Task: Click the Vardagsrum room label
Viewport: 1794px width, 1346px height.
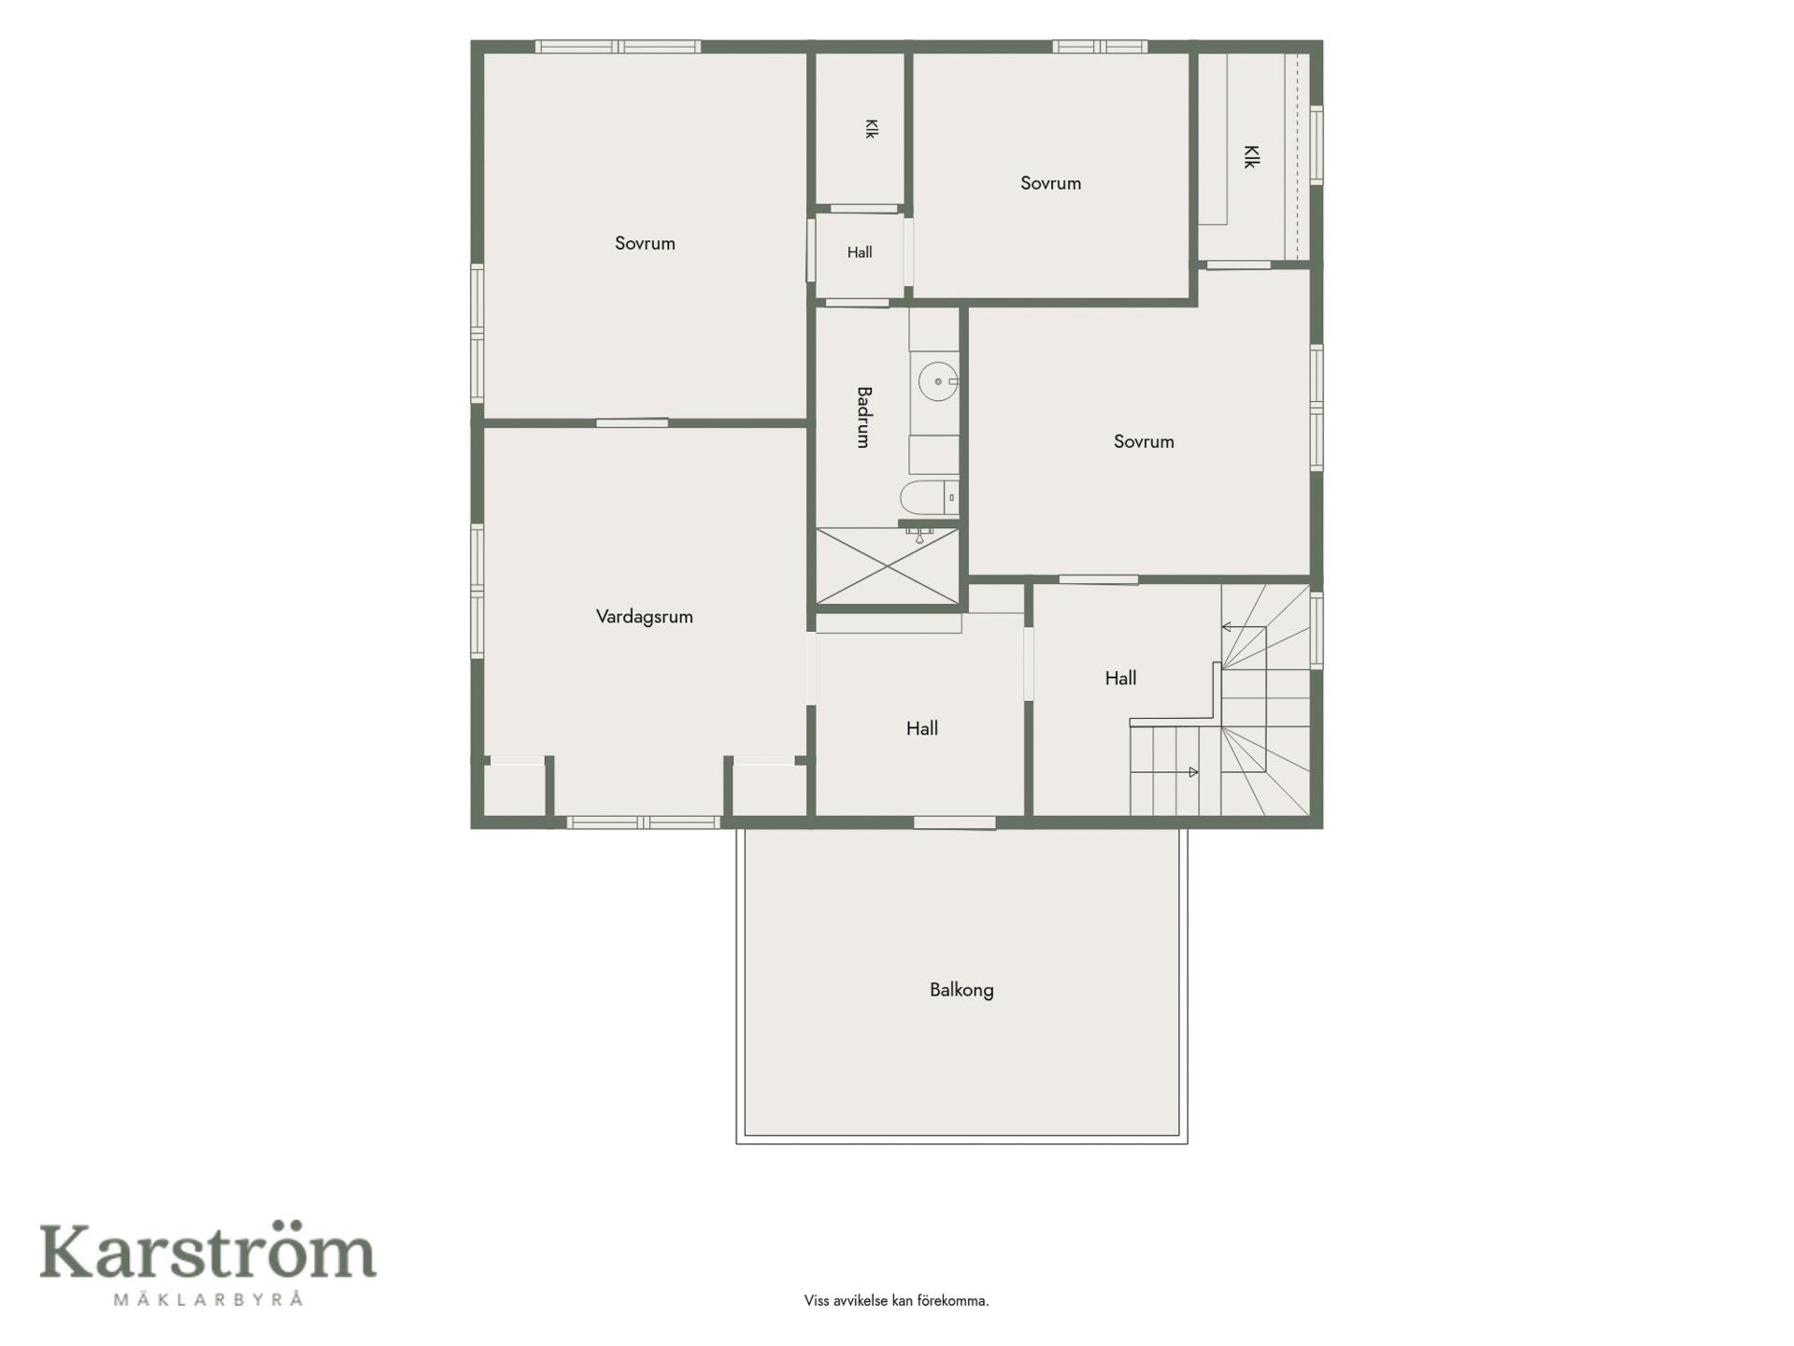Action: [644, 617]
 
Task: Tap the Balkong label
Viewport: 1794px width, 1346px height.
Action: [961, 990]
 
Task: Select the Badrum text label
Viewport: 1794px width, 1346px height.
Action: [863, 417]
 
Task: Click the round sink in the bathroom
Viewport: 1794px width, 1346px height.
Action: [937, 381]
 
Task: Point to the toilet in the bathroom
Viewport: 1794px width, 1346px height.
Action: [930, 498]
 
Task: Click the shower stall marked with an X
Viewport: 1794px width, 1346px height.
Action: [888, 566]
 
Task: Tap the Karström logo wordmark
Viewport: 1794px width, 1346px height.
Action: [207, 1252]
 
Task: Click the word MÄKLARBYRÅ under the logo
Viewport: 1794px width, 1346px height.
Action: [208, 1298]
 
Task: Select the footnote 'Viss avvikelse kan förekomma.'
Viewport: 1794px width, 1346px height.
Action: [896, 1301]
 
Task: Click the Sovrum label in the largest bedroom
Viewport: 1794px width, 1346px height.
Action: [645, 244]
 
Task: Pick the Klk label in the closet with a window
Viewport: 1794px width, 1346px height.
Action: [1251, 156]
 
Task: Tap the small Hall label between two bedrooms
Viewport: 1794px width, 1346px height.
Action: [860, 252]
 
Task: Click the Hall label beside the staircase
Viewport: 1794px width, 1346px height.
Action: [1120, 679]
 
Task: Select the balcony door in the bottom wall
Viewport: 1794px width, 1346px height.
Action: [954, 823]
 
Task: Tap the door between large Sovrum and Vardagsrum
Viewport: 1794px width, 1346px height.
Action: [633, 423]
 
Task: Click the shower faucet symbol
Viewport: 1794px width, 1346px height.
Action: [920, 535]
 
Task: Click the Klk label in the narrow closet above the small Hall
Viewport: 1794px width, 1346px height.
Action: [871, 129]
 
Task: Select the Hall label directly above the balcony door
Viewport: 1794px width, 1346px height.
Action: [922, 729]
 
